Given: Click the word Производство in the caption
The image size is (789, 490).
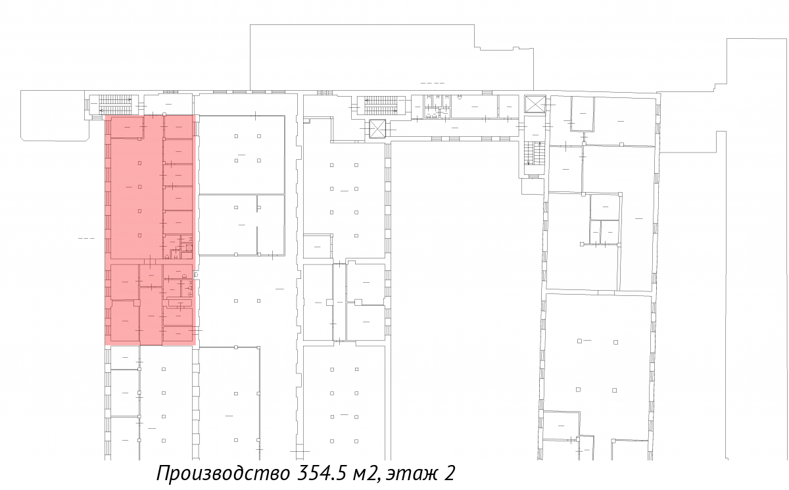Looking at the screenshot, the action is (x=223, y=473).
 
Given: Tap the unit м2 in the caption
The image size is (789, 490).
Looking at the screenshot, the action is (x=367, y=474).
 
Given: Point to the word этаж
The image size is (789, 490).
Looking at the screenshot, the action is (x=412, y=474).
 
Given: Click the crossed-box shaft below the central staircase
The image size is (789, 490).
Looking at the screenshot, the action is (x=377, y=129).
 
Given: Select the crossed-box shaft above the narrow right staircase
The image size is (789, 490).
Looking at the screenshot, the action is (x=535, y=104).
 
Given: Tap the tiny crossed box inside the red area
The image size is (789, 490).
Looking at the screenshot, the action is (x=189, y=248).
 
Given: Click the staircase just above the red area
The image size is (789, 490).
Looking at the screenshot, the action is (x=115, y=105).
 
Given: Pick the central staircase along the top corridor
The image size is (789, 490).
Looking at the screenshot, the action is (x=381, y=106).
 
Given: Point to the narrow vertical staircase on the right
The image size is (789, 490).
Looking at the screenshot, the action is (x=535, y=153).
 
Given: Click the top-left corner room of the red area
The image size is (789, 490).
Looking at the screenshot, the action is (x=127, y=127).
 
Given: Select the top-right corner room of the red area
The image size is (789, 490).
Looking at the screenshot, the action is (x=178, y=127).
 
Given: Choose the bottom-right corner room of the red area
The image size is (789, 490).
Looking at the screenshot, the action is (x=178, y=334).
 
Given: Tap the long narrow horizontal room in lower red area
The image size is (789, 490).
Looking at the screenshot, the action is (x=179, y=303).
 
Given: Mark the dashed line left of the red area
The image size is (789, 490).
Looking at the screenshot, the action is (x=86, y=239).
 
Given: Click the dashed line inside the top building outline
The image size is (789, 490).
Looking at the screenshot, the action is (x=432, y=83).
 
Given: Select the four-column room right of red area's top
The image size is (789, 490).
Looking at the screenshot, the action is (x=242, y=155).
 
